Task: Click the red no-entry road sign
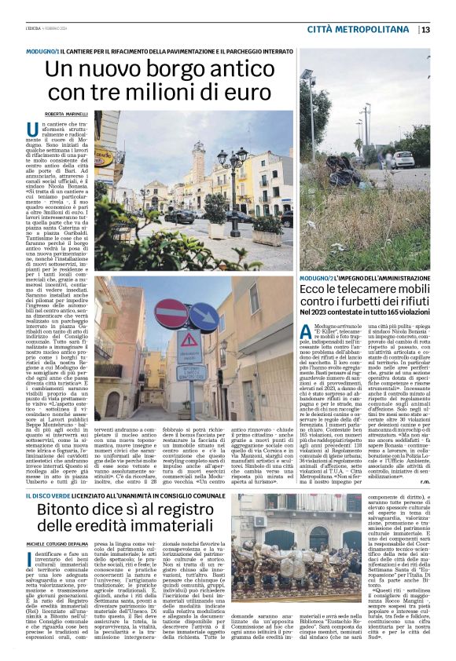(173, 313)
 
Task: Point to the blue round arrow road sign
(203, 316)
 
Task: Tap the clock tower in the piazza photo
(197, 165)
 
